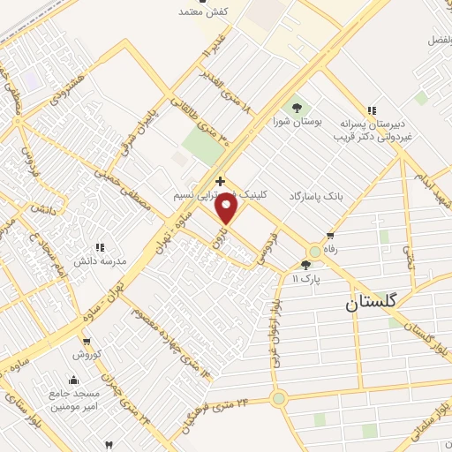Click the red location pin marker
click(x=227, y=207)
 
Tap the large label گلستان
click(x=372, y=302)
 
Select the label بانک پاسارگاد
click(x=318, y=194)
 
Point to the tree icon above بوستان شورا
click(x=296, y=107)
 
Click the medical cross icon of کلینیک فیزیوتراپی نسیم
click(x=220, y=181)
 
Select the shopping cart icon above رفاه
click(x=330, y=236)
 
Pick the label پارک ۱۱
click(x=307, y=278)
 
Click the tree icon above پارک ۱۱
click(x=305, y=264)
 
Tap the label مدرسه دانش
click(x=101, y=261)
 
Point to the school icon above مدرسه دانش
click(x=100, y=247)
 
